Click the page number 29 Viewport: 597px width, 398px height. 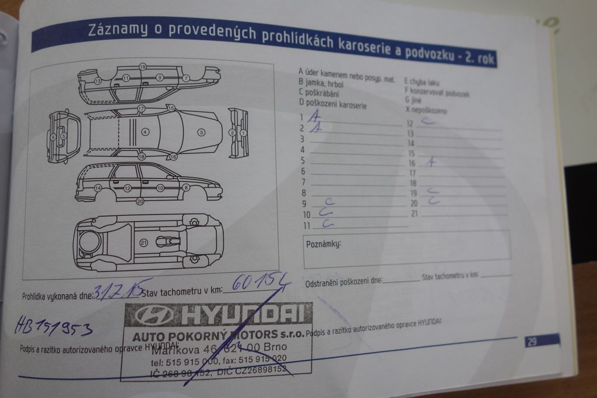[x=532, y=341]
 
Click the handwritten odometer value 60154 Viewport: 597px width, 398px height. [x=261, y=283]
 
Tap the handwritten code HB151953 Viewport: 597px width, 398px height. [x=53, y=326]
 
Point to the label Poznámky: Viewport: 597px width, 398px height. [x=324, y=244]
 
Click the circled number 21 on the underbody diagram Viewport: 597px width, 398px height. [x=143, y=242]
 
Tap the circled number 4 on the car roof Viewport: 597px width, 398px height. [x=145, y=132]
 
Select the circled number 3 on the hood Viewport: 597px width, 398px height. [x=201, y=132]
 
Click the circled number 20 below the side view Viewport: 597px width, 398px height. [x=140, y=201]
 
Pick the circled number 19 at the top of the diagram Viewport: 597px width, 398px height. [x=142, y=67]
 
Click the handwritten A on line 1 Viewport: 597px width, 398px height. [x=315, y=117]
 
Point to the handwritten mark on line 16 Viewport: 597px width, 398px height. [x=430, y=163]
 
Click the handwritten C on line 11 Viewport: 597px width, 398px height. [x=328, y=223]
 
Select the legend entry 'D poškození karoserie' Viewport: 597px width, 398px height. [x=332, y=104]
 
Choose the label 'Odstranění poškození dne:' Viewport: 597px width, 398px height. [x=343, y=282]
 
